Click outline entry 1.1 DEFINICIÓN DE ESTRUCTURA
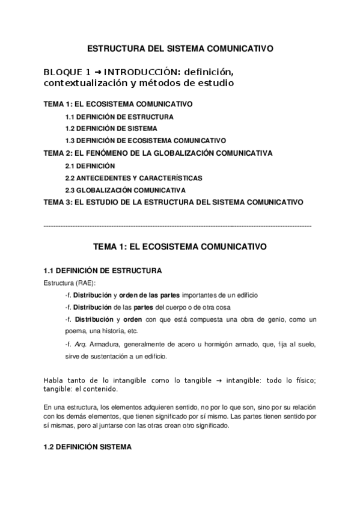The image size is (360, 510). [111, 117]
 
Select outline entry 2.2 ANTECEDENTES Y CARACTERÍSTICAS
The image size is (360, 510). [133, 178]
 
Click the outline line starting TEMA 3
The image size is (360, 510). [173, 202]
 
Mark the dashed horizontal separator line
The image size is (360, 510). [178, 226]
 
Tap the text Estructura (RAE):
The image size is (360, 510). [70, 283]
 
